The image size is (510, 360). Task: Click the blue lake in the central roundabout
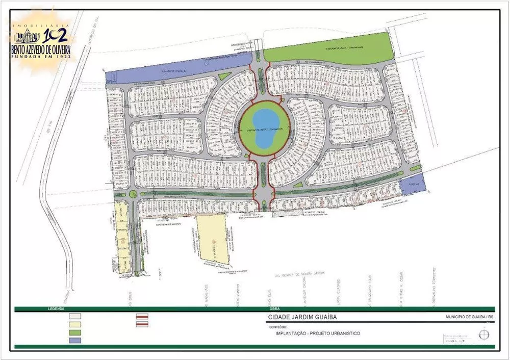click(x=265, y=128)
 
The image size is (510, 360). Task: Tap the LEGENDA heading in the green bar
click(x=56, y=308)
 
